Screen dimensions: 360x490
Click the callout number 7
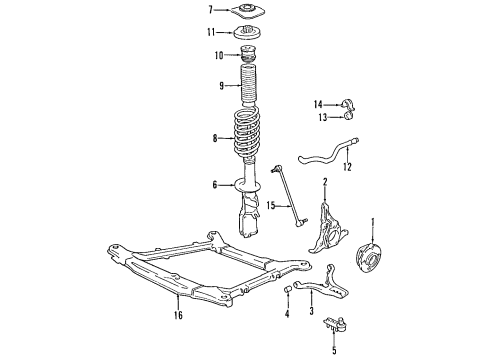[211, 11]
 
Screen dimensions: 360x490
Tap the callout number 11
[212, 33]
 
